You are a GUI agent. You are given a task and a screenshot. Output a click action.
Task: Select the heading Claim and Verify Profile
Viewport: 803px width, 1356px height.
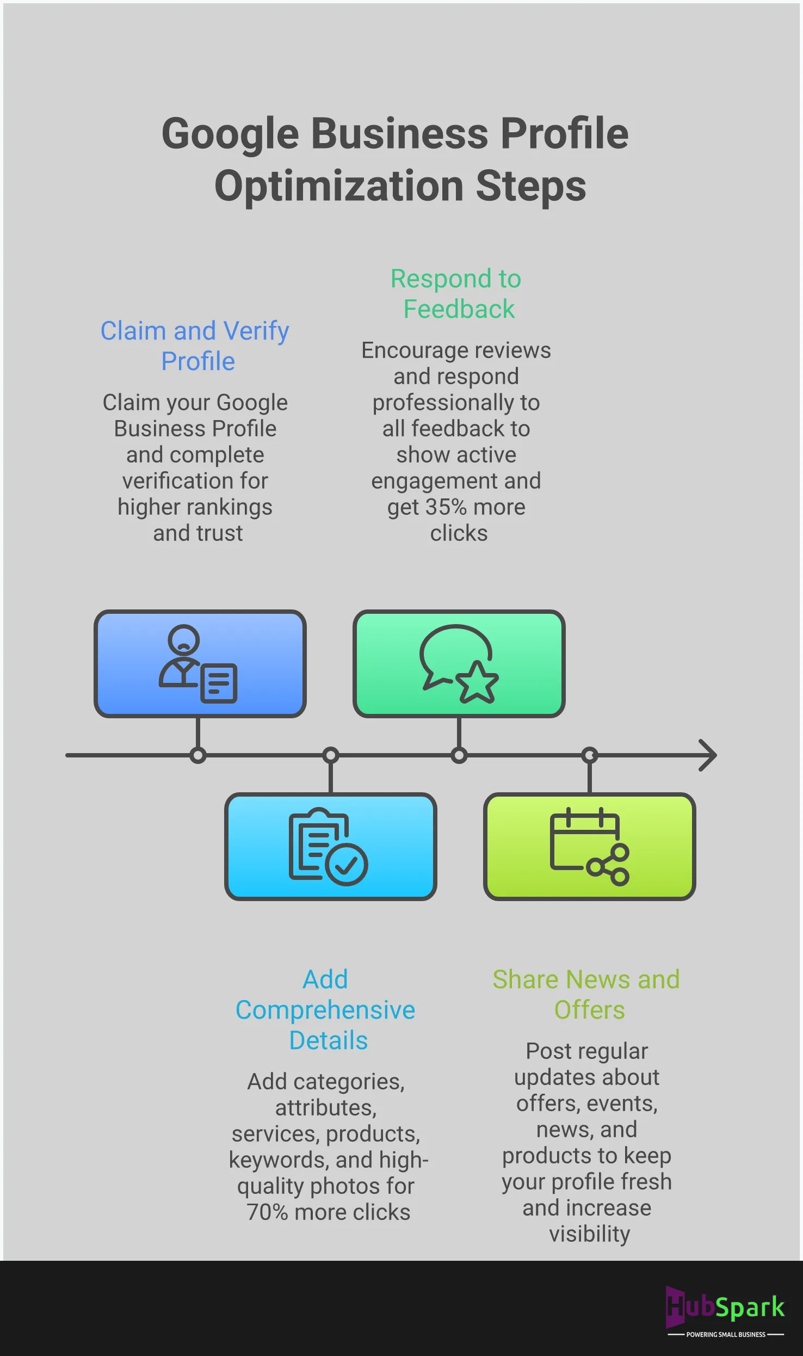click(195, 346)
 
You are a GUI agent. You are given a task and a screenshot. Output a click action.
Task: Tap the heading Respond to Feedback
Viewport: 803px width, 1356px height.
click(456, 294)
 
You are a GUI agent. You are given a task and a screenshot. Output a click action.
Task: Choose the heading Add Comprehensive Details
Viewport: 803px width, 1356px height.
click(325, 1009)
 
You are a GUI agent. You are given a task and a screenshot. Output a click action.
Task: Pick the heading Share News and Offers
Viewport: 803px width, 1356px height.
click(586, 994)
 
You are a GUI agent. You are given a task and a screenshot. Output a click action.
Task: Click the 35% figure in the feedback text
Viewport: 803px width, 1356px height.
click(446, 507)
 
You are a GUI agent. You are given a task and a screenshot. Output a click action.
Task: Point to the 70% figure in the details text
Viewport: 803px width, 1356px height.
click(267, 1212)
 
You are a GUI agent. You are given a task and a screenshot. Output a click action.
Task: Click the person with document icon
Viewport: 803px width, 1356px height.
click(198, 663)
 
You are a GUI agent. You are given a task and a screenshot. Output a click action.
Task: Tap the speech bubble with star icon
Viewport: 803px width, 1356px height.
click(459, 663)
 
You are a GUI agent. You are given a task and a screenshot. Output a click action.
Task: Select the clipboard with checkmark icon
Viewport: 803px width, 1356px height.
click(328, 847)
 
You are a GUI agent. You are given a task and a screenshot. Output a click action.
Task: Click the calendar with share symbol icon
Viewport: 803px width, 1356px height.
click(589, 847)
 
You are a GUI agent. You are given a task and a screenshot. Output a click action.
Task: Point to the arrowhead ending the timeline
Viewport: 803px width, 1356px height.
click(708, 755)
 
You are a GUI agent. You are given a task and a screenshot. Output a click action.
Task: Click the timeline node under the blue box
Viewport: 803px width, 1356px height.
click(198, 755)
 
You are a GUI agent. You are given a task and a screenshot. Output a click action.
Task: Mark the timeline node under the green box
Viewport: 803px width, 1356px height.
click(459, 755)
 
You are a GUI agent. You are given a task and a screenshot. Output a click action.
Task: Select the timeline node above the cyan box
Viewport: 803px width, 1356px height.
click(330, 755)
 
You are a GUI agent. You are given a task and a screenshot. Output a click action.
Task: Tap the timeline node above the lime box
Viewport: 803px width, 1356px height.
click(589, 755)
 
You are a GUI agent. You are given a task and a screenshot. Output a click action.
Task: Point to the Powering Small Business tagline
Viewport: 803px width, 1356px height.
click(726, 1334)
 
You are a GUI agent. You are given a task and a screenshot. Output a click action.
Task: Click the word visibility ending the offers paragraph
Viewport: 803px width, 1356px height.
click(589, 1234)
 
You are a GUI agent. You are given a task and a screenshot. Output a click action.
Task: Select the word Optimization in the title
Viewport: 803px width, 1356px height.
click(339, 186)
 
